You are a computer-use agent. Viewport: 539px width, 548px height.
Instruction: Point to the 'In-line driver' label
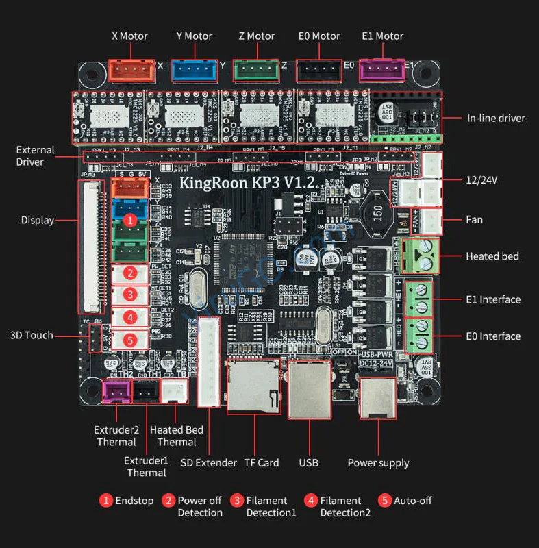[x=496, y=119]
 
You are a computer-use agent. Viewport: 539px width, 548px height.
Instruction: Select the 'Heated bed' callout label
[x=492, y=256]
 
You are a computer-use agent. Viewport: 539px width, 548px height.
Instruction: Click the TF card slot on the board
[x=253, y=387]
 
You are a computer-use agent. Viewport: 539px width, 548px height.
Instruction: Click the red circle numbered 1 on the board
[x=129, y=221]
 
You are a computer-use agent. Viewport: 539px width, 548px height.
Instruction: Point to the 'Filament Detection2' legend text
[x=340, y=507]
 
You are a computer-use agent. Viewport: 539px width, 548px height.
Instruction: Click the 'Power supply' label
[x=379, y=462]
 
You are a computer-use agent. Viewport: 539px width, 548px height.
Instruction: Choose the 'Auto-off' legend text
[x=413, y=501]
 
